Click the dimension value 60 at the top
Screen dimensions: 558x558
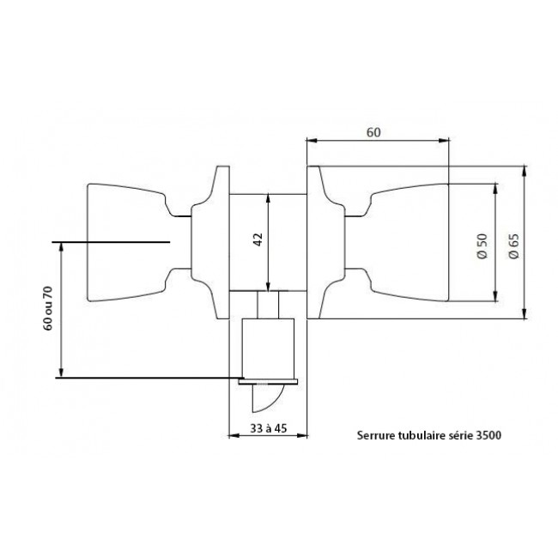373,132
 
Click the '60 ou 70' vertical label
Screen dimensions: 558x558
49,309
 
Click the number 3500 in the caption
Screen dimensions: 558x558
486,434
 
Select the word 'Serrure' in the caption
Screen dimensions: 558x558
375,434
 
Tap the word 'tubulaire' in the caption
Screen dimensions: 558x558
421,434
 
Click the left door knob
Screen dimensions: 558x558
129,242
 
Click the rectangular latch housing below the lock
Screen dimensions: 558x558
269,348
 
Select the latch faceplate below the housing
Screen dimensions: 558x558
269,379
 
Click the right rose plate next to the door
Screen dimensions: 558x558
326,242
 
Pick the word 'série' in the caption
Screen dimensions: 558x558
460,434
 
